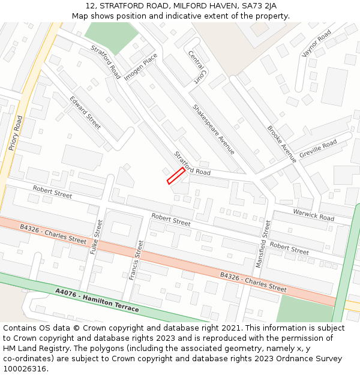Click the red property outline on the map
pyautogui.click(x=175, y=175)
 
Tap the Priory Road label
pyautogui.click(x=16, y=133)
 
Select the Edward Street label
pyautogui.click(x=85, y=112)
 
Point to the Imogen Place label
pyautogui.click(x=141, y=66)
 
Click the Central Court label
pyautogui.click(x=196, y=67)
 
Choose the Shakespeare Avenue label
pyautogui.click(x=213, y=129)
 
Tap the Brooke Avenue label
pyautogui.click(x=282, y=144)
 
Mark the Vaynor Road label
pyautogui.click(x=316, y=44)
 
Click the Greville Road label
pyautogui.click(x=318, y=148)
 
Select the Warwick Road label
pyautogui.click(x=313, y=215)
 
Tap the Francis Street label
pyautogui.click(x=136, y=260)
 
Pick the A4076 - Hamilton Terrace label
pyautogui.click(x=97, y=300)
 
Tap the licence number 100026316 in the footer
pyautogui.click(x=25, y=368)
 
